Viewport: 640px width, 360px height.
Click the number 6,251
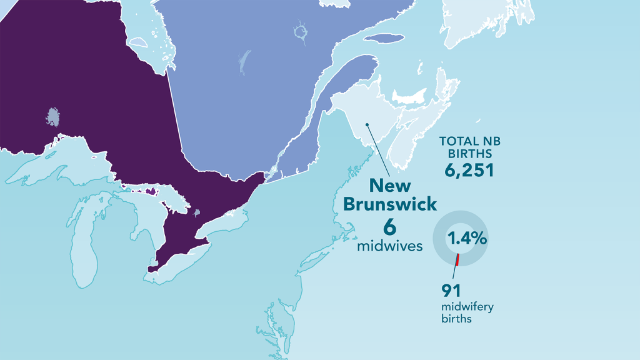pos(469,169)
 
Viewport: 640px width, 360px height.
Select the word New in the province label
pos(390,186)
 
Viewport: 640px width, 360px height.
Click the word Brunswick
pos(390,204)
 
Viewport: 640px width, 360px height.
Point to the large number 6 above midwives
pos(390,227)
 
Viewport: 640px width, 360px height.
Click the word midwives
pos(390,246)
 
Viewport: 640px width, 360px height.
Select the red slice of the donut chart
pos(457,259)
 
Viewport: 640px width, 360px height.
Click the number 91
pos(451,290)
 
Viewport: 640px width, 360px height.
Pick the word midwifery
pos(467,307)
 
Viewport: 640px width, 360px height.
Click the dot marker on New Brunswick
pos(367,124)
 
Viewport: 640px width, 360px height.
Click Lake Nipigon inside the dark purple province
pos(54,116)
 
